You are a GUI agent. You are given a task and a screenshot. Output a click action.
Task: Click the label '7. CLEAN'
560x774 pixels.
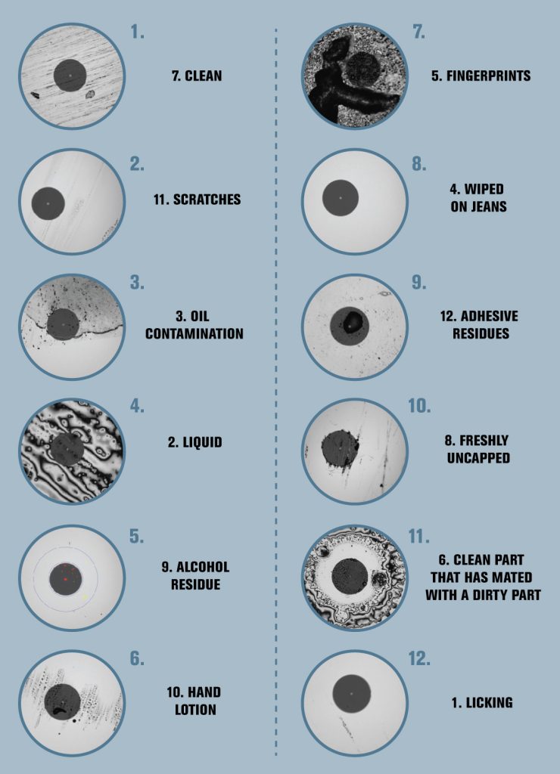(x=194, y=76)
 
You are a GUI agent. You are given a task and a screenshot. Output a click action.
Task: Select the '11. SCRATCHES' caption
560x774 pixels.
(x=197, y=200)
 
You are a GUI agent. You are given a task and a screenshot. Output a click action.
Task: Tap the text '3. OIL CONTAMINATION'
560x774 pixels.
(x=194, y=325)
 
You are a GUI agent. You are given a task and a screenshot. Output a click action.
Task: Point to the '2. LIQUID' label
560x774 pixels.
(x=194, y=442)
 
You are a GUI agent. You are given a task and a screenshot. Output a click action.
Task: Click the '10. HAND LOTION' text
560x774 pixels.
(x=194, y=701)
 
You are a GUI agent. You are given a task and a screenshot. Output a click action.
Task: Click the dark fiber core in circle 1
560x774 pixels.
(x=70, y=76)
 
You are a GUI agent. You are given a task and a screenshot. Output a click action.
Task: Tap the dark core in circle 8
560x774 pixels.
(x=341, y=198)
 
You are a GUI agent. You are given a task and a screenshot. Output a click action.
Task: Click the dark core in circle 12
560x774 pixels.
(x=352, y=692)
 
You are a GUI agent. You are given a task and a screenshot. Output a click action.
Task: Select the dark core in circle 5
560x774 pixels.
(x=67, y=579)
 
